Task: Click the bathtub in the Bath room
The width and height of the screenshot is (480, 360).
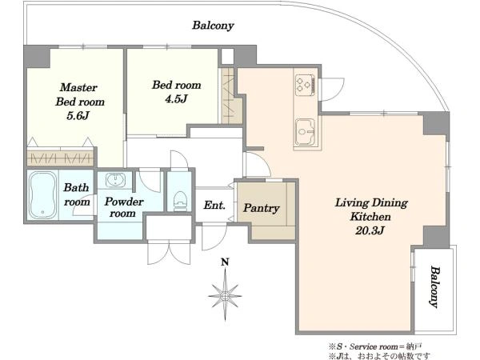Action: click(43, 195)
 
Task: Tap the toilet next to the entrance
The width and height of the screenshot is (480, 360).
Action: click(180, 201)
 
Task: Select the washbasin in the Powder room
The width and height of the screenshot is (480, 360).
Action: click(115, 180)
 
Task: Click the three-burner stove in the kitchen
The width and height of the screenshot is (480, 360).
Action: click(305, 84)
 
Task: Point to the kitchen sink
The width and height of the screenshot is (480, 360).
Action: click(305, 132)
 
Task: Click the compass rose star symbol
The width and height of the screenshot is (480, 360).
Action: click(225, 295)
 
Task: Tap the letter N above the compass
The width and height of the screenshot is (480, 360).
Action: click(226, 262)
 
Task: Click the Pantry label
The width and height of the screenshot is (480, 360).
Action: click(261, 208)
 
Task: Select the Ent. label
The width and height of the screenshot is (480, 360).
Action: click(214, 205)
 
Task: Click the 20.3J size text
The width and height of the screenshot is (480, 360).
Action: click(370, 230)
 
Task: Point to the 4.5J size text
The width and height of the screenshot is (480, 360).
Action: click(176, 99)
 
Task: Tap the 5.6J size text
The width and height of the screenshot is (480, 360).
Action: click(78, 115)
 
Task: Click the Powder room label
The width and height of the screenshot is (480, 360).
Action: click(124, 207)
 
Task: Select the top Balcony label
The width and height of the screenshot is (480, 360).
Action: click(213, 26)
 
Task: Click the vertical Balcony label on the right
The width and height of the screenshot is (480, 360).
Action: click(435, 286)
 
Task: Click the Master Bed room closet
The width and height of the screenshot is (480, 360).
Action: click(60, 157)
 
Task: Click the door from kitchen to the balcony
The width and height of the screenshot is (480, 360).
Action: click(332, 90)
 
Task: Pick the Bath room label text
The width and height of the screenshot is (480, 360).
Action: click(77, 194)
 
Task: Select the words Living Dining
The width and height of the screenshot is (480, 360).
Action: click(371, 203)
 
